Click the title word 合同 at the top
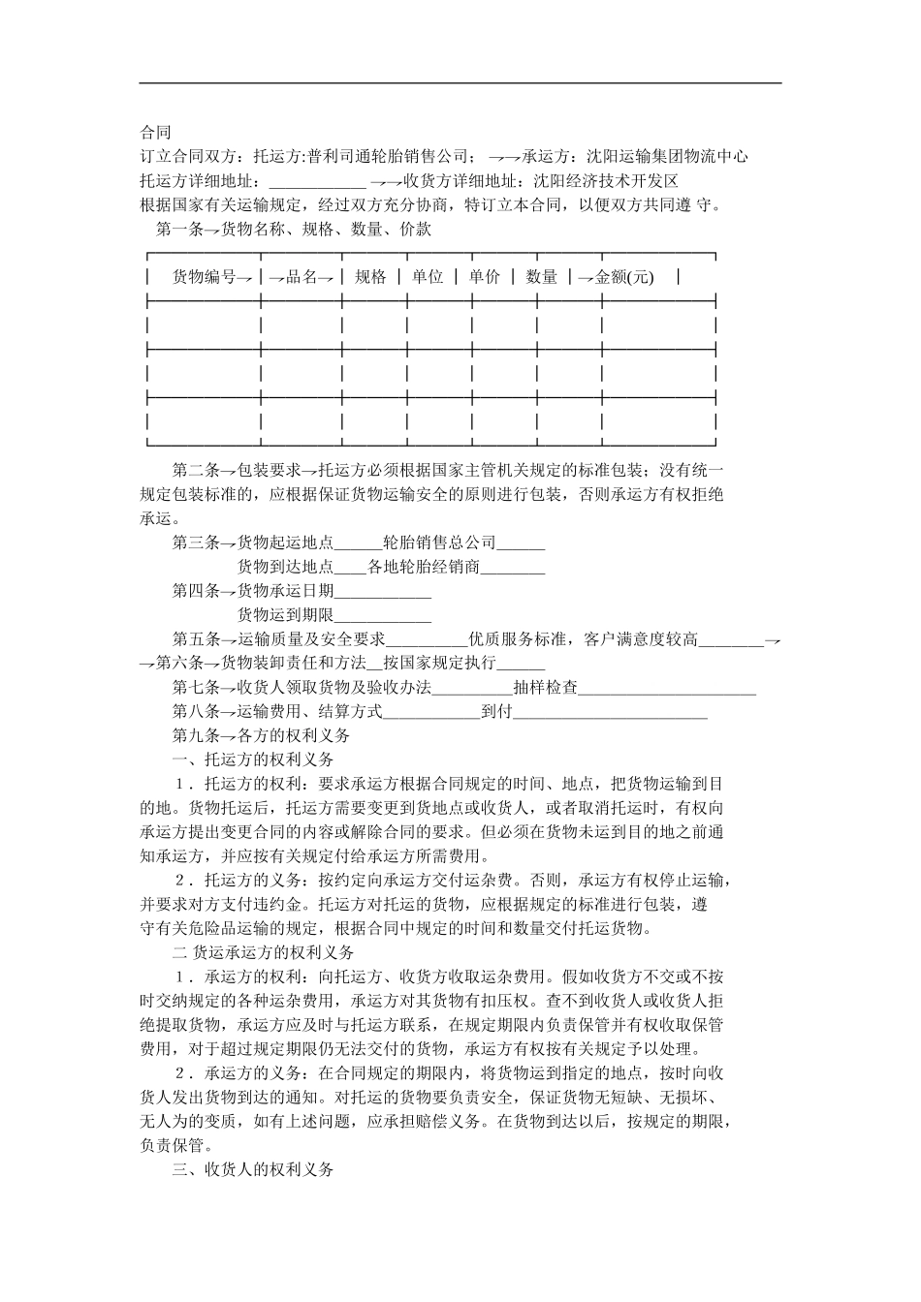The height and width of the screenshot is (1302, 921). (x=155, y=132)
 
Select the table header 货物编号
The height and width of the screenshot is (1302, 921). (x=205, y=277)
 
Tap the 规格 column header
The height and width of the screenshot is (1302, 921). (x=370, y=277)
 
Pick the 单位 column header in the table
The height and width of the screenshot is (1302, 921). (x=428, y=277)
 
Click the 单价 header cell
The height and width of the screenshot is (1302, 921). (x=485, y=277)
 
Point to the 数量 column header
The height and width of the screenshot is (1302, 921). (x=542, y=277)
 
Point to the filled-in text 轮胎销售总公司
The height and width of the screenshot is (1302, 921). (x=439, y=542)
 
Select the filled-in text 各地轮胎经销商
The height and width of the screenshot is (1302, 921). (x=424, y=567)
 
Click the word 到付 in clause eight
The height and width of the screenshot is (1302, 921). (x=495, y=712)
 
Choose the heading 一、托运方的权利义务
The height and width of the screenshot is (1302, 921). (x=253, y=759)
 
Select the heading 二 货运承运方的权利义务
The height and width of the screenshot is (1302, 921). (x=263, y=952)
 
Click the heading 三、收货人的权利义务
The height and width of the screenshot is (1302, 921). (x=253, y=1169)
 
